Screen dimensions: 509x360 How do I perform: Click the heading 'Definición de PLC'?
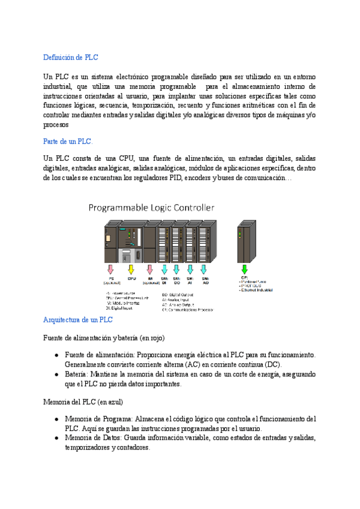tap(71, 58)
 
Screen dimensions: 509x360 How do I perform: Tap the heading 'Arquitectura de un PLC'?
tap(78, 320)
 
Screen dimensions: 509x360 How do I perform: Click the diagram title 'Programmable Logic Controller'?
tap(151, 208)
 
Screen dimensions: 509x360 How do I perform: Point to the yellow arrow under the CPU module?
tap(131, 269)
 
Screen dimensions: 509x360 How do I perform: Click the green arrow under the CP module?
tap(244, 269)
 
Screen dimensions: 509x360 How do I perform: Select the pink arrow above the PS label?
tap(109, 269)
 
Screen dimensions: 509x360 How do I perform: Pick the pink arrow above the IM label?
tap(150, 269)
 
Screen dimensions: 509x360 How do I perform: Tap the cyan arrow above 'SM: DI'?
tap(164, 269)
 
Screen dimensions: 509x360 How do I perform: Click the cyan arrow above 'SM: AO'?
tap(205, 269)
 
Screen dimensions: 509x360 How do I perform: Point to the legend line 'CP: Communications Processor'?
tap(191, 310)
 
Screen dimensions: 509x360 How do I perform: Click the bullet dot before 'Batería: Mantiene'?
tap(56, 375)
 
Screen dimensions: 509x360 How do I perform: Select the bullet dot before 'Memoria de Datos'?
tap(56, 438)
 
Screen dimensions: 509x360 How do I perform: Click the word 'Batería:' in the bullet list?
tap(77, 375)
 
